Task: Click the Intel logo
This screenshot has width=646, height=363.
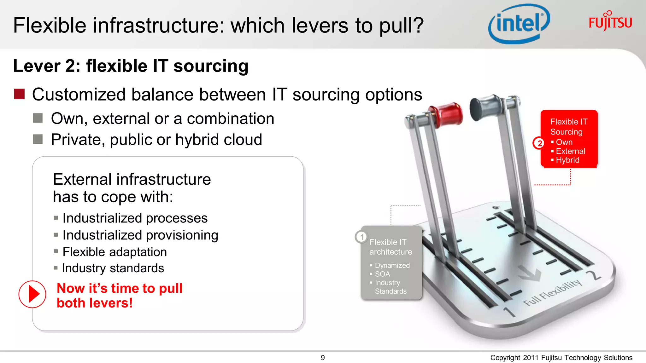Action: [519, 24]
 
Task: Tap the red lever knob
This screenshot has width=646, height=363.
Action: [448, 115]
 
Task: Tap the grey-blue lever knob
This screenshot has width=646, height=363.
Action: [484, 107]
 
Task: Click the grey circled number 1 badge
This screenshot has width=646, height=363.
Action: [361, 237]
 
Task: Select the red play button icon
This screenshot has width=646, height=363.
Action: [32, 294]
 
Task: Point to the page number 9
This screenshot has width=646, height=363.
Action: [323, 358]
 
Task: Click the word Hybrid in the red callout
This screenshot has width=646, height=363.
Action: [567, 160]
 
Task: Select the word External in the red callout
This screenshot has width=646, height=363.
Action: [570, 151]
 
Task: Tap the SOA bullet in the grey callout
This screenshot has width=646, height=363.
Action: [382, 274]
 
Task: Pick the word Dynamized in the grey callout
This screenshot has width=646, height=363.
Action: [392, 265]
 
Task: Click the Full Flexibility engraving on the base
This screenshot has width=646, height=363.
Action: [552, 293]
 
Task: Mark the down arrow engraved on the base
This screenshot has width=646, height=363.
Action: [530, 273]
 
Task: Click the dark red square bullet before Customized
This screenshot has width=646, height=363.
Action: [20, 94]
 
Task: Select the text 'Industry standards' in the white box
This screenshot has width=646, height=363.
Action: [113, 268]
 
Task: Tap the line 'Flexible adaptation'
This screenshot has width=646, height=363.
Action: [115, 252]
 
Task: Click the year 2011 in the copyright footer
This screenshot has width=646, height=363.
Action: [531, 358]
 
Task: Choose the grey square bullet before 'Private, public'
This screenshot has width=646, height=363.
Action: [38, 139]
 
